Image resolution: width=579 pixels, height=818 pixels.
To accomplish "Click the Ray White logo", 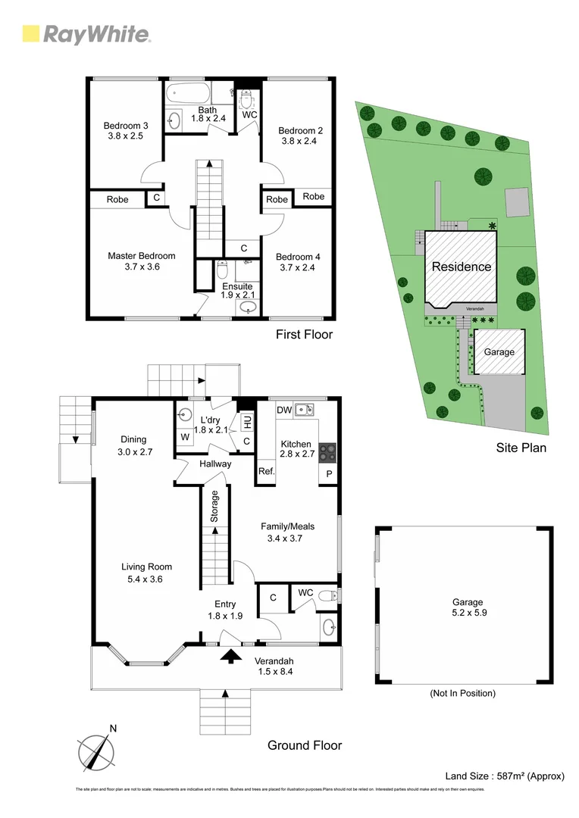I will pos(86,34).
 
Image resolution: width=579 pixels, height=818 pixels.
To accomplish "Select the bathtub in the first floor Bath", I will pos(186,95).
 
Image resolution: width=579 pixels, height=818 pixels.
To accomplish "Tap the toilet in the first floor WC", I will pos(246,101).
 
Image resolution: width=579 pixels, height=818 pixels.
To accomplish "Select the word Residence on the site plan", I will pos(461,267).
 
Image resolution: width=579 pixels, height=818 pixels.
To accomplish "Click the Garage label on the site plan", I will pos(499,352).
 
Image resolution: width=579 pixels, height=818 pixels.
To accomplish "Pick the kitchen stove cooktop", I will pos(327,452).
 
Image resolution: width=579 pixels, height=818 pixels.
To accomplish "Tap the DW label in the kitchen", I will pos(284,410).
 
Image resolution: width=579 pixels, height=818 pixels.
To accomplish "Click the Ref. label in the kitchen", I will pos(266,470).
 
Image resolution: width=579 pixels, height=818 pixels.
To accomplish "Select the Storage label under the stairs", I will pos(214,507).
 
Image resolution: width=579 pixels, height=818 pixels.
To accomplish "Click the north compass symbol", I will pos(96,751).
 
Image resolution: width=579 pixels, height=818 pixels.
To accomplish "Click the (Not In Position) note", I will pos(462,693).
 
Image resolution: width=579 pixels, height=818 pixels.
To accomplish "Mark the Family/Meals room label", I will pos(287,532).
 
